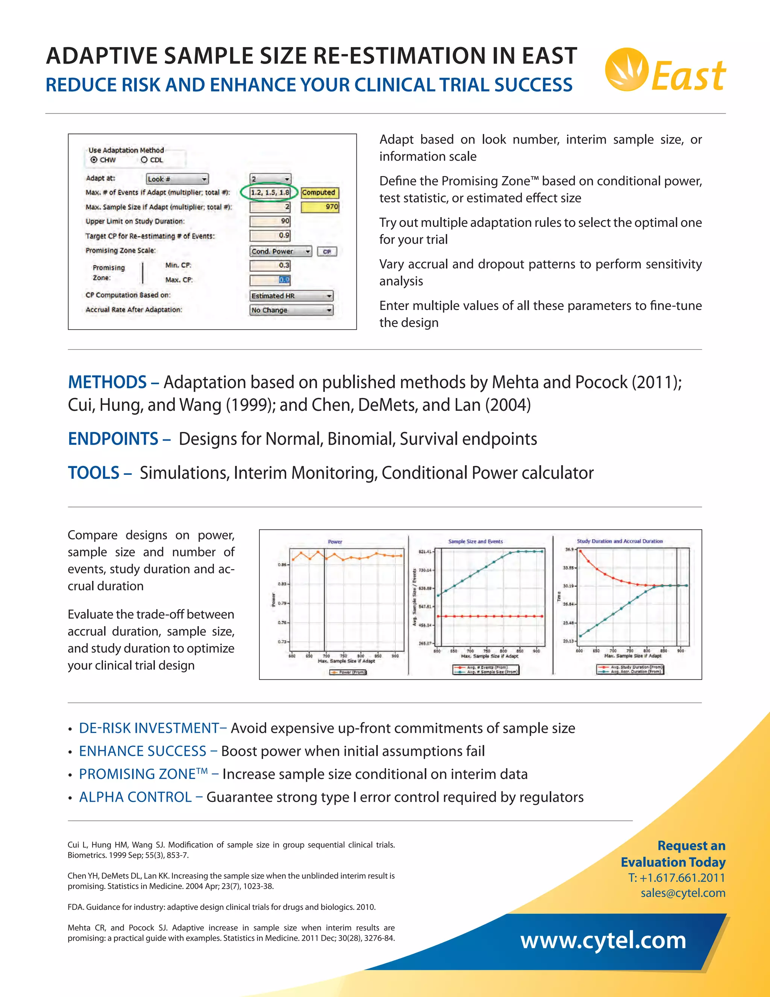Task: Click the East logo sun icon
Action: click(x=626, y=69)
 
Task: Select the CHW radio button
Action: click(x=94, y=160)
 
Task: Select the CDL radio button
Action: click(x=144, y=160)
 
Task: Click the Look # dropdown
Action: click(x=177, y=179)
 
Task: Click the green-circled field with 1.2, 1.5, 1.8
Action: click(x=270, y=193)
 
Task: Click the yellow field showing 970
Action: click(x=320, y=207)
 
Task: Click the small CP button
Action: click(x=327, y=252)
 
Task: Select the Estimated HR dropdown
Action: click(x=291, y=296)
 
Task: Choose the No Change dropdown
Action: click(x=291, y=310)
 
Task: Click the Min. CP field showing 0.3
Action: click(x=270, y=265)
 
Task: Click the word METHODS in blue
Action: click(x=107, y=382)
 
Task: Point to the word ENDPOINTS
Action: click(x=113, y=439)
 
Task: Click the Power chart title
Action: click(x=335, y=542)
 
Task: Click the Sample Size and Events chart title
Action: click(x=475, y=541)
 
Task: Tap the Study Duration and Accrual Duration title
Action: click(x=620, y=541)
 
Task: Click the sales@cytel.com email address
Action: click(x=682, y=893)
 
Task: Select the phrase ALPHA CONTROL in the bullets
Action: click(x=135, y=797)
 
